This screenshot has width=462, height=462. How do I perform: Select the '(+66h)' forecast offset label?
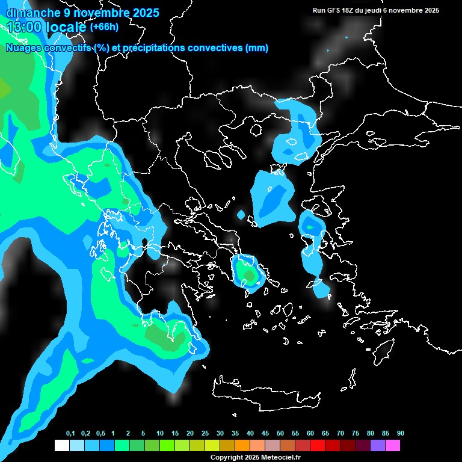104,26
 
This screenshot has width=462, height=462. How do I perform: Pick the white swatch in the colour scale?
61,446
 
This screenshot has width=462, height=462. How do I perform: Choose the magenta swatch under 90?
393,446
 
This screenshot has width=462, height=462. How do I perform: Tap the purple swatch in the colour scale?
378,446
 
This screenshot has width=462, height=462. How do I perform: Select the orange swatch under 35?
242,446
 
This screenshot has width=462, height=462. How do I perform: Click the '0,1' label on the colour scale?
70,434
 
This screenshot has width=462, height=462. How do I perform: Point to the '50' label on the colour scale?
280,434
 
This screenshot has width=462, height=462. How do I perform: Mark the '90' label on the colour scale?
401,434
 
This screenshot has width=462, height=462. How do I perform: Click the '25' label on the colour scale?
205,434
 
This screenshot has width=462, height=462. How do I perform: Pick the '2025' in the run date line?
429,10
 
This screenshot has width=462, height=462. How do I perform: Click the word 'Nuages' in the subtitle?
23,48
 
